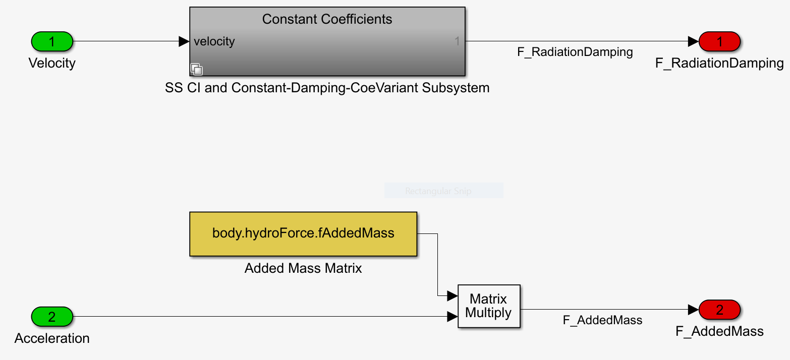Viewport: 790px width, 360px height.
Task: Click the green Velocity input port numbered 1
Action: click(52, 42)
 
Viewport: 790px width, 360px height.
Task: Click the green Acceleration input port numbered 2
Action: click(52, 317)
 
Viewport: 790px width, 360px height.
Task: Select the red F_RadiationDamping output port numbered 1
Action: click(719, 42)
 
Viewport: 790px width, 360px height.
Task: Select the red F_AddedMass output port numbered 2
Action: click(719, 310)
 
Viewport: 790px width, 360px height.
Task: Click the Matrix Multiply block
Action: click(489, 306)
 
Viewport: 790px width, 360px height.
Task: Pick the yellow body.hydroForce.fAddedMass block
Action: click(303, 234)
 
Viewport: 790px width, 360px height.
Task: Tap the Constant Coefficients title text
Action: click(327, 19)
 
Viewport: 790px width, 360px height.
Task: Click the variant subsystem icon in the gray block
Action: click(196, 69)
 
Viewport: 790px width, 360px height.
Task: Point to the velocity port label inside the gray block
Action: click(214, 42)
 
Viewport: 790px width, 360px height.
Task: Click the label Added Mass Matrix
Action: click(303, 268)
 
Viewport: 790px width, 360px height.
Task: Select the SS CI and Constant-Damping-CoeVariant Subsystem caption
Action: click(327, 88)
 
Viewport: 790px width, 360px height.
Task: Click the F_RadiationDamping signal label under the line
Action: click(575, 52)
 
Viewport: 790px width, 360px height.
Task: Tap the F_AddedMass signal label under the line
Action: click(602, 320)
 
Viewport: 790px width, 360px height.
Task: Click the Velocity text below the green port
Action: click(52, 63)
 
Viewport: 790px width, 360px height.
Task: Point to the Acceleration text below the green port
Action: click(52, 338)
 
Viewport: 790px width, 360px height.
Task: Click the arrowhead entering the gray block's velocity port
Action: click(184, 42)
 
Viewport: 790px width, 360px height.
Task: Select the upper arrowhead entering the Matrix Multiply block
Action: click(453, 295)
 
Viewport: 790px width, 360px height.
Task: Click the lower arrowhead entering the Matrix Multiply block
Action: click(453, 317)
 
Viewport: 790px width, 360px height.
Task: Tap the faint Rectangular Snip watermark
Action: click(438, 191)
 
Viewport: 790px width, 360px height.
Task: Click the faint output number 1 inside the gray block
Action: click(457, 42)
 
